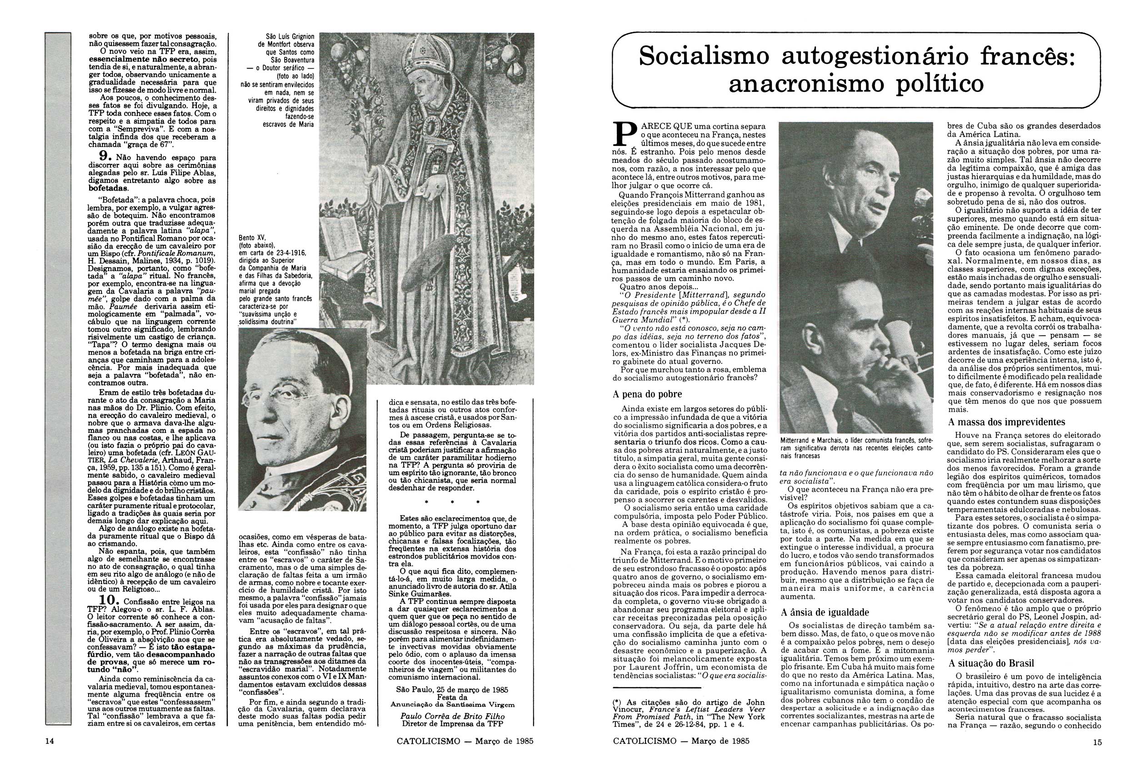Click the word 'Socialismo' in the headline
click(x=704, y=57)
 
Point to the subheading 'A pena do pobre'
click(x=647, y=394)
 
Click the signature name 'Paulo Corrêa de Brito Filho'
click(x=452, y=716)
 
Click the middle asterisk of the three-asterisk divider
click(x=452, y=502)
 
